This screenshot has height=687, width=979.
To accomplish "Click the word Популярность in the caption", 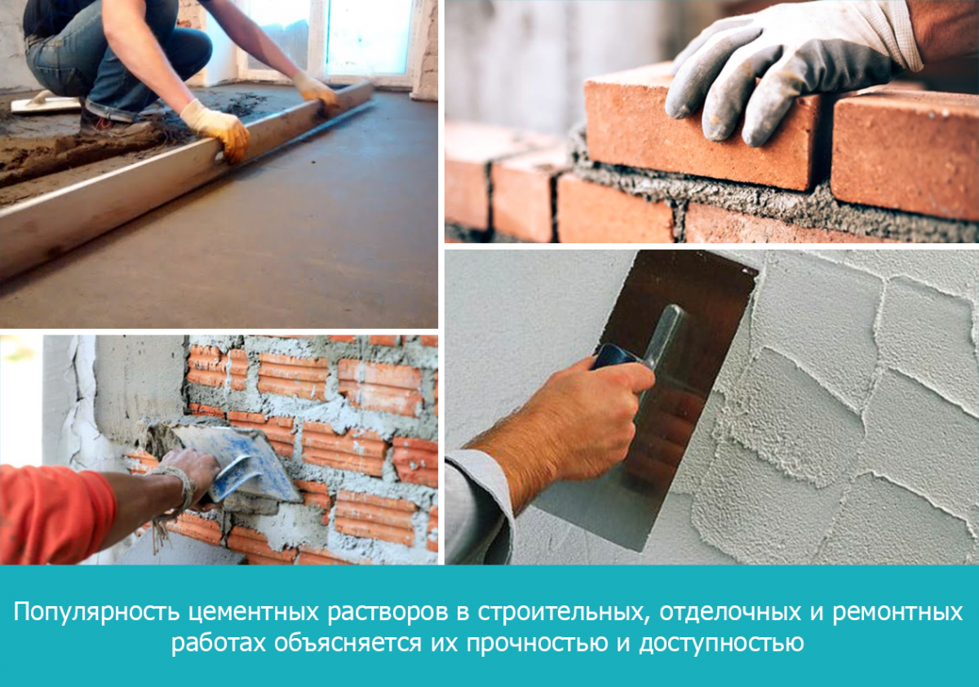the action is (x=96, y=612).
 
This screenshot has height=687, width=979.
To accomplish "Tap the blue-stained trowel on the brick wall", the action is (x=238, y=463).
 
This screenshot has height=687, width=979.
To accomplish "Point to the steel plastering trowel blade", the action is (x=664, y=384).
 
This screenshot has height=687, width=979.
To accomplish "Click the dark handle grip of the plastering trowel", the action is (x=615, y=357).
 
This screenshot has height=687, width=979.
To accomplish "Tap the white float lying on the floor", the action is (x=45, y=104).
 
